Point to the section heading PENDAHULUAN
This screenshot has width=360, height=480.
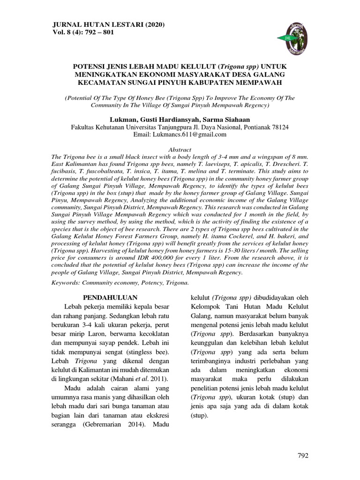tap(110, 297)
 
